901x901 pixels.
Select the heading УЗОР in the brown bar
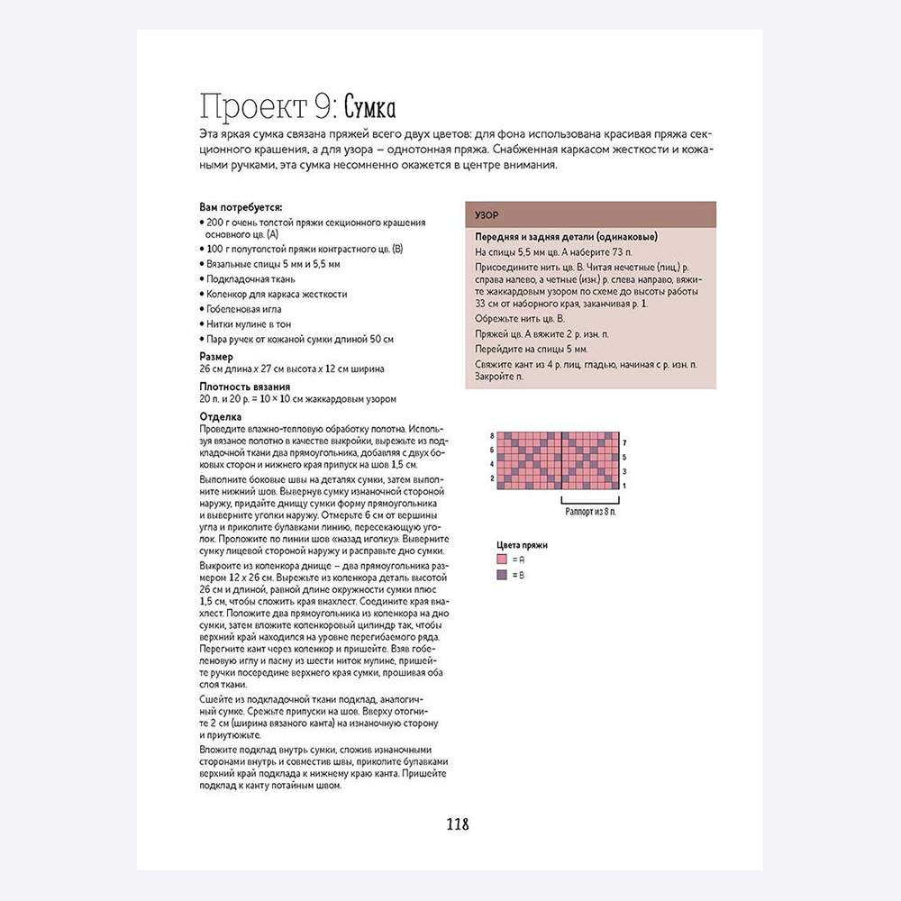click(487, 216)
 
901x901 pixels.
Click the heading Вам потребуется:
click(241, 206)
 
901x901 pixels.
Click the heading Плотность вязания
click(244, 387)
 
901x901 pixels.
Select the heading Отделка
click(220, 416)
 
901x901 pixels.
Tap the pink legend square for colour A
click(501, 560)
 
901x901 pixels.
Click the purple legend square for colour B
click(501, 574)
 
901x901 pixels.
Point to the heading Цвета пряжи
click(523, 545)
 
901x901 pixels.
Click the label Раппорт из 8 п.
click(591, 511)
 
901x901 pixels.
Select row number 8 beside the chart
click(491, 436)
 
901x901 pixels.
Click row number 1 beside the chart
click(624, 486)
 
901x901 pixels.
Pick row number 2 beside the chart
click(491, 478)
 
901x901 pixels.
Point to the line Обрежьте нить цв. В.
click(520, 319)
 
